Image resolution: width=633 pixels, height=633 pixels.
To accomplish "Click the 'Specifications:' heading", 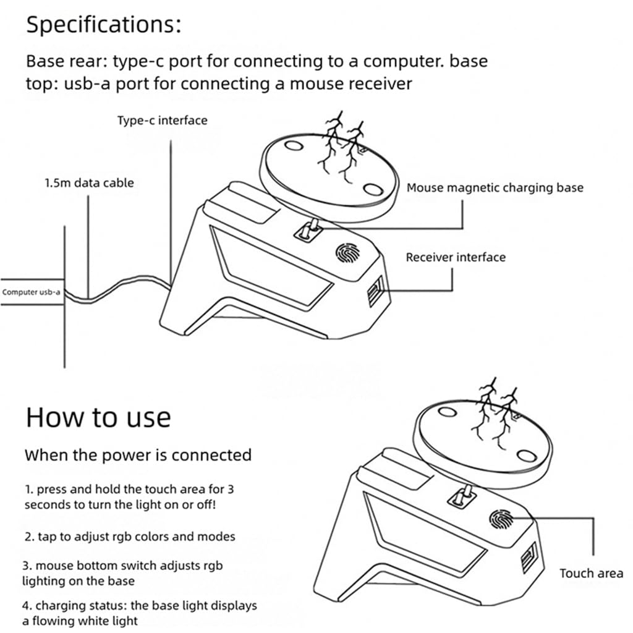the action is (x=104, y=25).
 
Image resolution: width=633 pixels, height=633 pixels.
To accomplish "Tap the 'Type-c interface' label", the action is (x=163, y=121).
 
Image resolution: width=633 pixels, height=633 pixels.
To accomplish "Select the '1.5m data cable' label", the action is (x=89, y=183).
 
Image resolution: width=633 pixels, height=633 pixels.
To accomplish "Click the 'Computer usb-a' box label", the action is (x=31, y=292).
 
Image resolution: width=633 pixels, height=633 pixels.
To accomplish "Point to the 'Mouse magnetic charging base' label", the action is (x=495, y=188).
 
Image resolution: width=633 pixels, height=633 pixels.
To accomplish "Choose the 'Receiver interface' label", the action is (x=456, y=257).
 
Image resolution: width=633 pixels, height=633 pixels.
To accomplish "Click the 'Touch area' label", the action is (x=592, y=573).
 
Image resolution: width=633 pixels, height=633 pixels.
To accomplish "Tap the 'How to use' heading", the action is (x=98, y=417).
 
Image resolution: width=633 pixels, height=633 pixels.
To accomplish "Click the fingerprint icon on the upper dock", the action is (x=347, y=253).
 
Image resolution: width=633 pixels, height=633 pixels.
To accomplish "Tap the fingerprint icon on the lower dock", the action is (x=501, y=519).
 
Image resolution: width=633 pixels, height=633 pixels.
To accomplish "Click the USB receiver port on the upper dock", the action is (x=375, y=292).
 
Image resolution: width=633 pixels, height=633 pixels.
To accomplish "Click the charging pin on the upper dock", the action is (x=312, y=229).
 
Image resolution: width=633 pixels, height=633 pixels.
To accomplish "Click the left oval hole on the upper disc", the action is (x=294, y=145).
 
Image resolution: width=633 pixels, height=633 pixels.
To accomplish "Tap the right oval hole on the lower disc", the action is (x=527, y=456).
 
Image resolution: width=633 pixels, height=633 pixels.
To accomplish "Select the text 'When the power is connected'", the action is (x=138, y=455).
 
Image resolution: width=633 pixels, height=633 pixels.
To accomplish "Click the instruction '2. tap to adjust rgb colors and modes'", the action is (x=130, y=537).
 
